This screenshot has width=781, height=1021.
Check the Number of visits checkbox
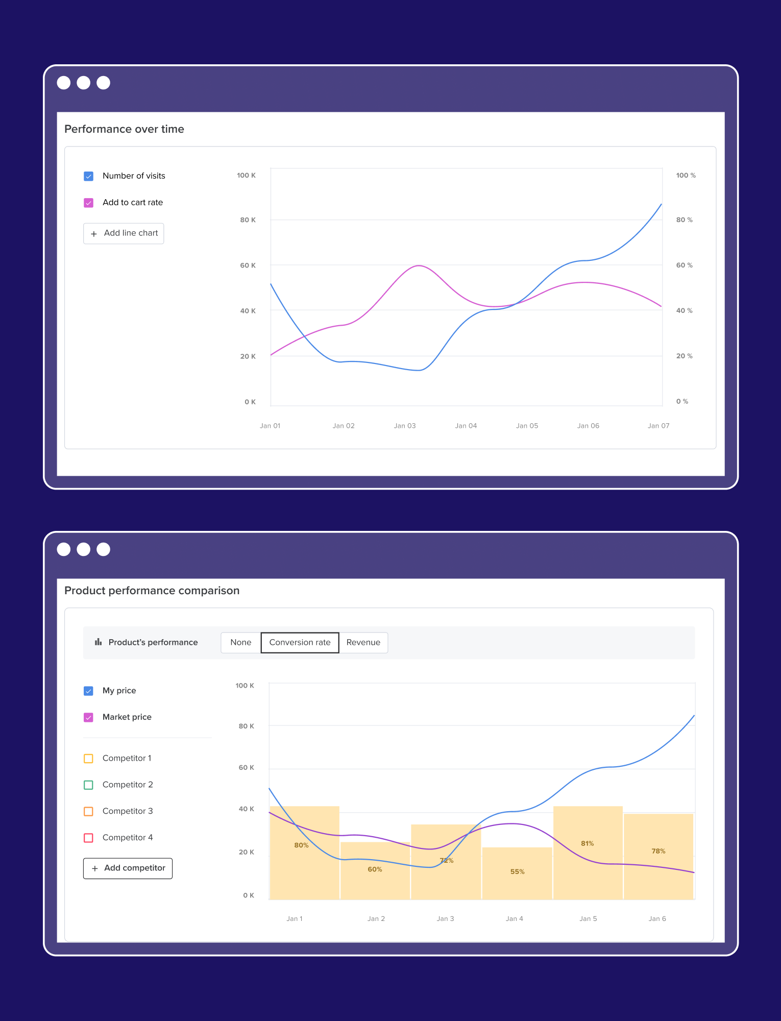[x=89, y=176]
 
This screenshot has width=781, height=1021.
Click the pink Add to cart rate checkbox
[x=89, y=203]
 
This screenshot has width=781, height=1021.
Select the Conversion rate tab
[x=300, y=642]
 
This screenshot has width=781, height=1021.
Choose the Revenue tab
[x=363, y=642]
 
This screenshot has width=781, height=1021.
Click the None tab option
[x=240, y=642]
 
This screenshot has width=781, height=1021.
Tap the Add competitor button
[x=128, y=868]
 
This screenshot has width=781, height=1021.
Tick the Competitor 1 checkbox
[x=88, y=759]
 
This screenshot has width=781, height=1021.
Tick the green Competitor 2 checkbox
[x=88, y=785]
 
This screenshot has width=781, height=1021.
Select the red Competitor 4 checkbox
[x=88, y=838]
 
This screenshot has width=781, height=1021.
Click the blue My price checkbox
[x=88, y=691]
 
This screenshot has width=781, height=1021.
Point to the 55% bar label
[x=517, y=872]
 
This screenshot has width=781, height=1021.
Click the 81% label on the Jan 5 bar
[x=587, y=843]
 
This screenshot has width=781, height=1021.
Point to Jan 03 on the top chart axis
[x=405, y=426]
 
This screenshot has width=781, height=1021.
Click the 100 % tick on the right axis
[x=686, y=176]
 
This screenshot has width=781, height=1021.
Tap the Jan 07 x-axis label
[x=658, y=426]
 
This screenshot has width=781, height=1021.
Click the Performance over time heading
[x=124, y=129]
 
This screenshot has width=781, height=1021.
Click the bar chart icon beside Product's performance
[x=98, y=642]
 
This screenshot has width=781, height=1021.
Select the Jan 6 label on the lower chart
[x=657, y=918]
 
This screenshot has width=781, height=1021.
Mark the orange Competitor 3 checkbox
[x=88, y=811]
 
